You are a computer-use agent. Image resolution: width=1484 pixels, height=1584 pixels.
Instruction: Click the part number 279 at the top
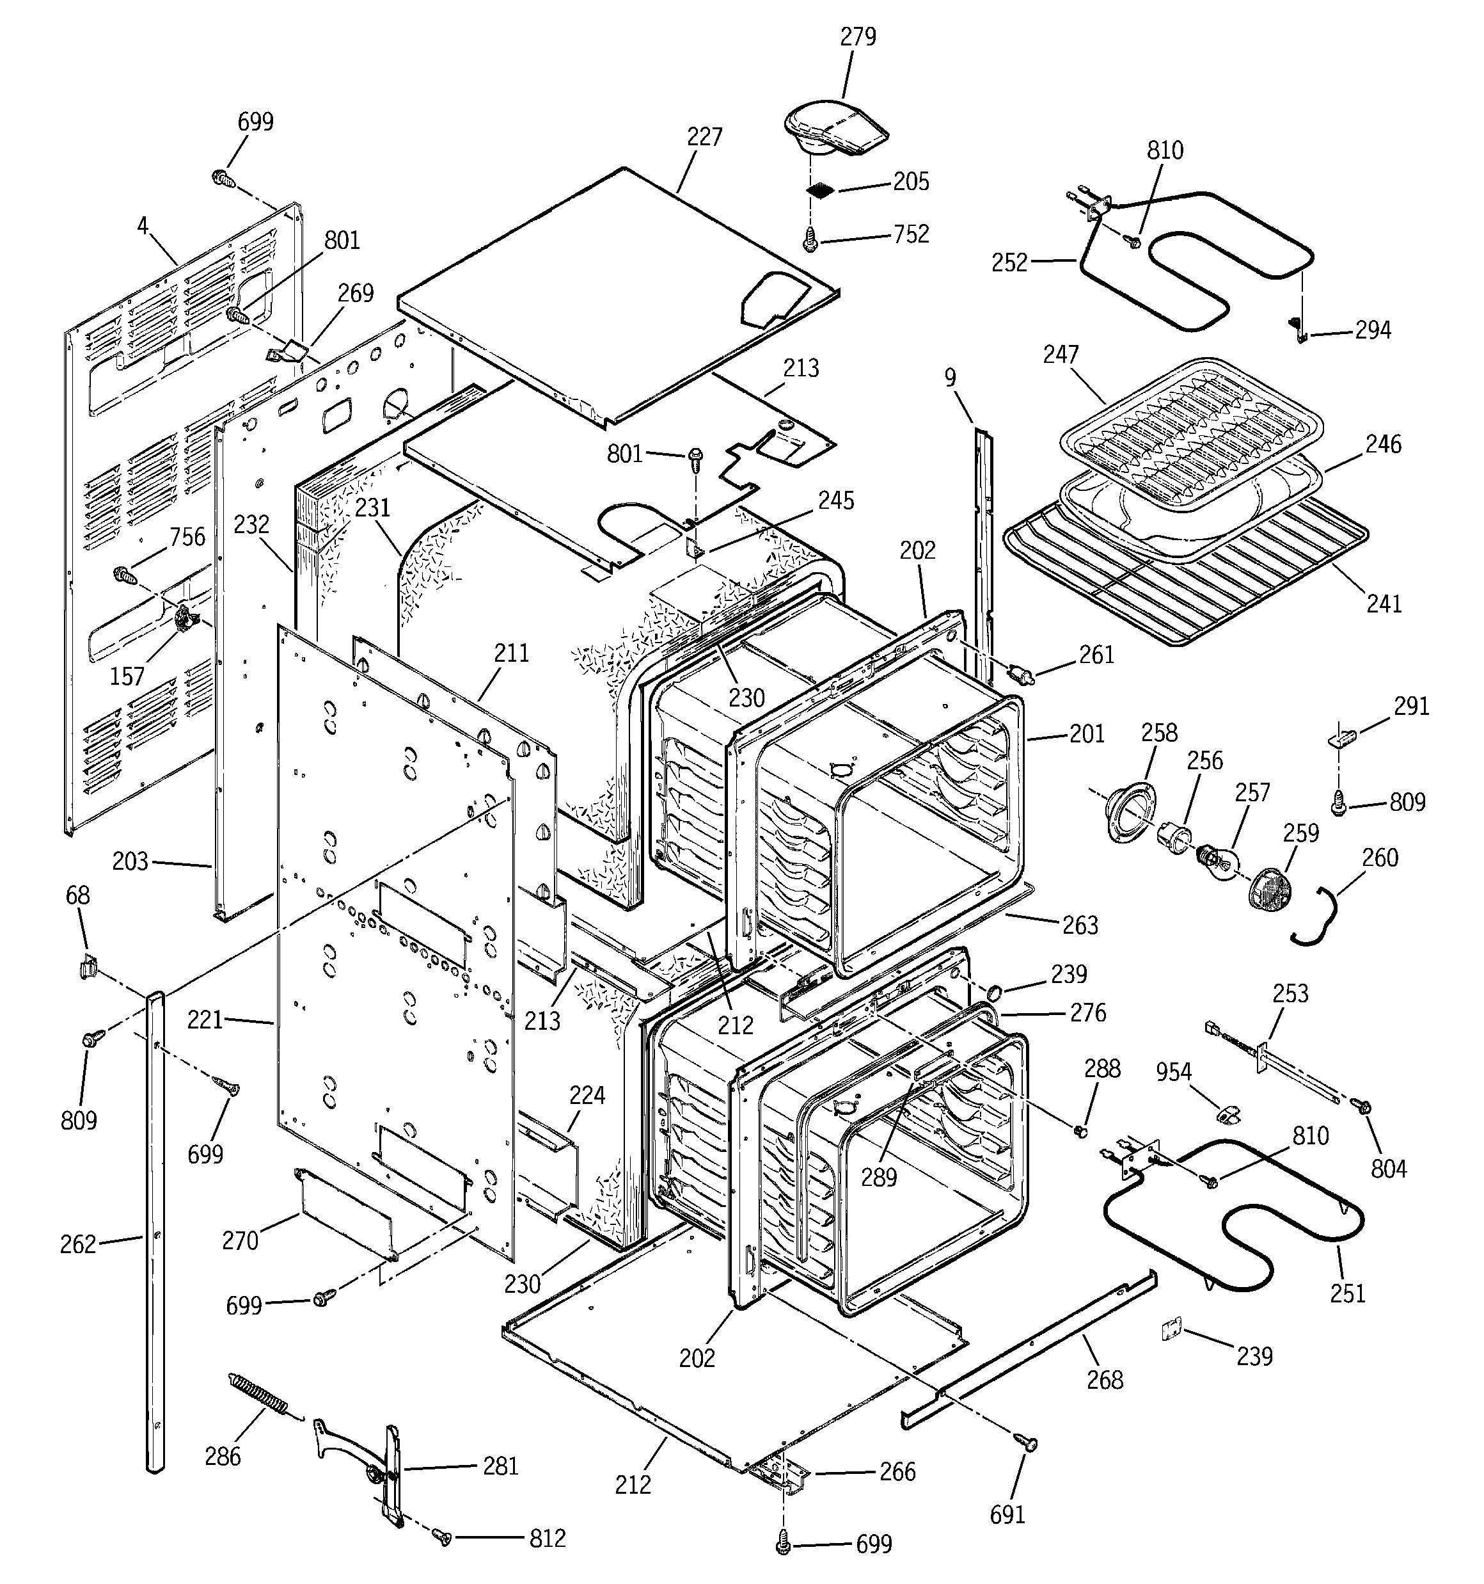(858, 36)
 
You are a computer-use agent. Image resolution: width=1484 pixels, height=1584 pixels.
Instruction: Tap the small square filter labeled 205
(821, 191)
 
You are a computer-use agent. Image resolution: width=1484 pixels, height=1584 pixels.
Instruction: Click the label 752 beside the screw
(910, 234)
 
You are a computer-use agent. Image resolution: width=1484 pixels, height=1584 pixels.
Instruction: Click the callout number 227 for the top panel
(704, 137)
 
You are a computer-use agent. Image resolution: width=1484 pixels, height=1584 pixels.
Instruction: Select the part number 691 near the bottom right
(1007, 1514)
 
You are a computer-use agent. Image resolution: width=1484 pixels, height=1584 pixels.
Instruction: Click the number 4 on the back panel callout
(143, 227)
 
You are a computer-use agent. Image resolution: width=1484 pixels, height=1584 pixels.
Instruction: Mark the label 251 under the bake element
(1348, 1293)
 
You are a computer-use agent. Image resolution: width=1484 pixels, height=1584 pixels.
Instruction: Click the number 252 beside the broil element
(1009, 263)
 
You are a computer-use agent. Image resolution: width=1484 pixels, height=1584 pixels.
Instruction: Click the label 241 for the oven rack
(1384, 604)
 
